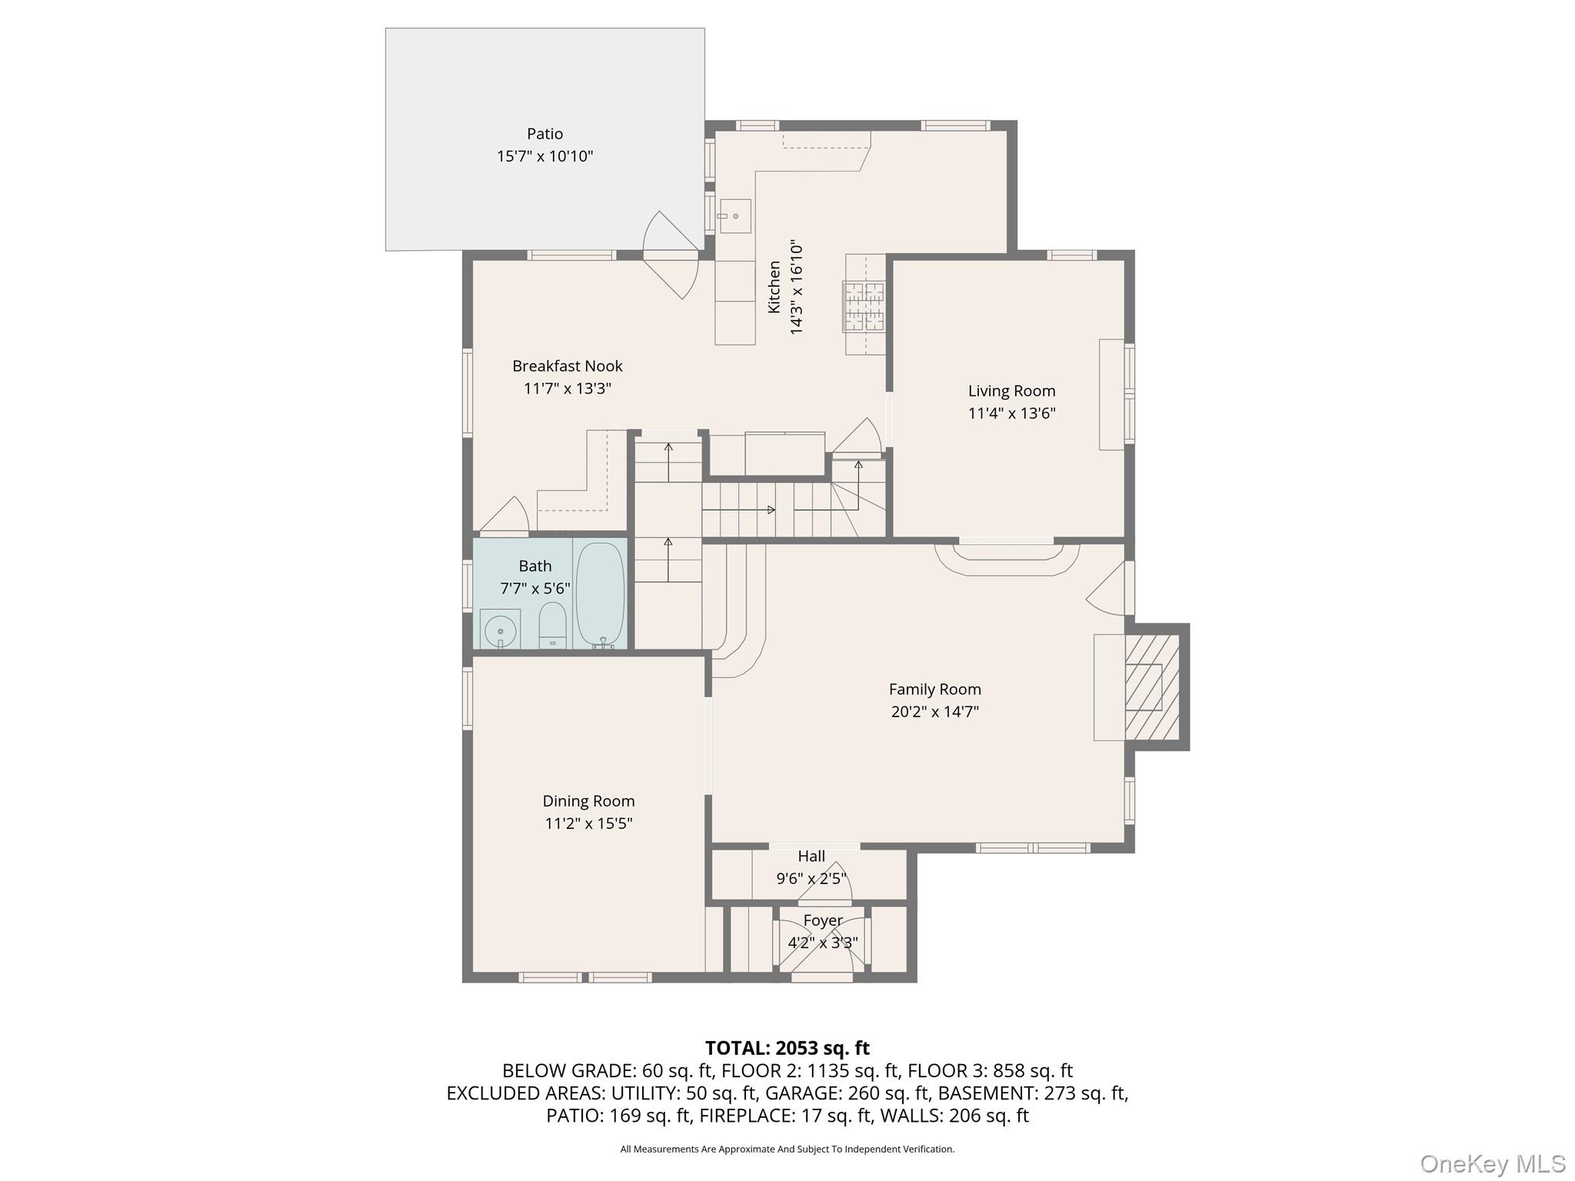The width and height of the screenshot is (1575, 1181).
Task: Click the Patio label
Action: point(544,134)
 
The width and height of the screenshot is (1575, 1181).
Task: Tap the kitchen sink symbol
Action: point(734,216)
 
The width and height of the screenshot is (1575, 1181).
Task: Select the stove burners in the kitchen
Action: point(864,306)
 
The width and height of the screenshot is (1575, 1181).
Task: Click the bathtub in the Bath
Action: point(599,594)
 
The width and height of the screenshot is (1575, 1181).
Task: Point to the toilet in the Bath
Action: point(552,625)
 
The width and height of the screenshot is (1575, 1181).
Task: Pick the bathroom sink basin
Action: point(500,630)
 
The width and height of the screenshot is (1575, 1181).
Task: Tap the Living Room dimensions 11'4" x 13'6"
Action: point(1011,414)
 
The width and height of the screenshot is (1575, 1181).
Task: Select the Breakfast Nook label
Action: point(567,366)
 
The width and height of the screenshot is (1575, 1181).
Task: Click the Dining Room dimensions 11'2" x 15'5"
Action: point(588,823)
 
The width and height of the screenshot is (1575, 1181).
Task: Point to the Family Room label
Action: point(934,689)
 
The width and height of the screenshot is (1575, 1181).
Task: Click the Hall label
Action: point(811,857)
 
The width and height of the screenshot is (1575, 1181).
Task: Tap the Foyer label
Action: point(823,920)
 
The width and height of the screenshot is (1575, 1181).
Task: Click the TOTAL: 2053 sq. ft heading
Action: point(787,1048)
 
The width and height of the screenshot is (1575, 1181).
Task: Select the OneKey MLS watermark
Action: point(1491,1163)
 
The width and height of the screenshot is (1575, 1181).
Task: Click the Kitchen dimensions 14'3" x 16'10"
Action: point(797,288)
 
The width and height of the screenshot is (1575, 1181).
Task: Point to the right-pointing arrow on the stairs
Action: point(771,510)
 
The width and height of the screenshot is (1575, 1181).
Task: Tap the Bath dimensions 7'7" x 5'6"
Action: point(534,589)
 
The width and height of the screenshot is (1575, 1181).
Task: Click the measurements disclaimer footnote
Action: point(787,1149)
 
